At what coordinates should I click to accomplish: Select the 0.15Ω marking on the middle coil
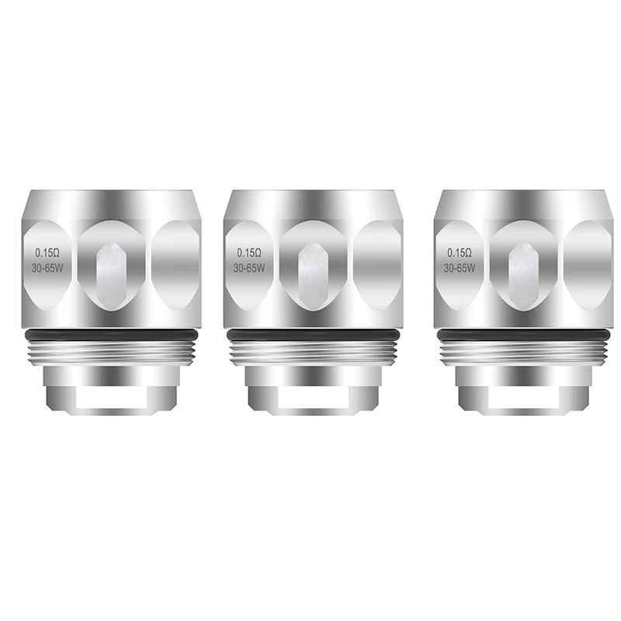click(x=248, y=252)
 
